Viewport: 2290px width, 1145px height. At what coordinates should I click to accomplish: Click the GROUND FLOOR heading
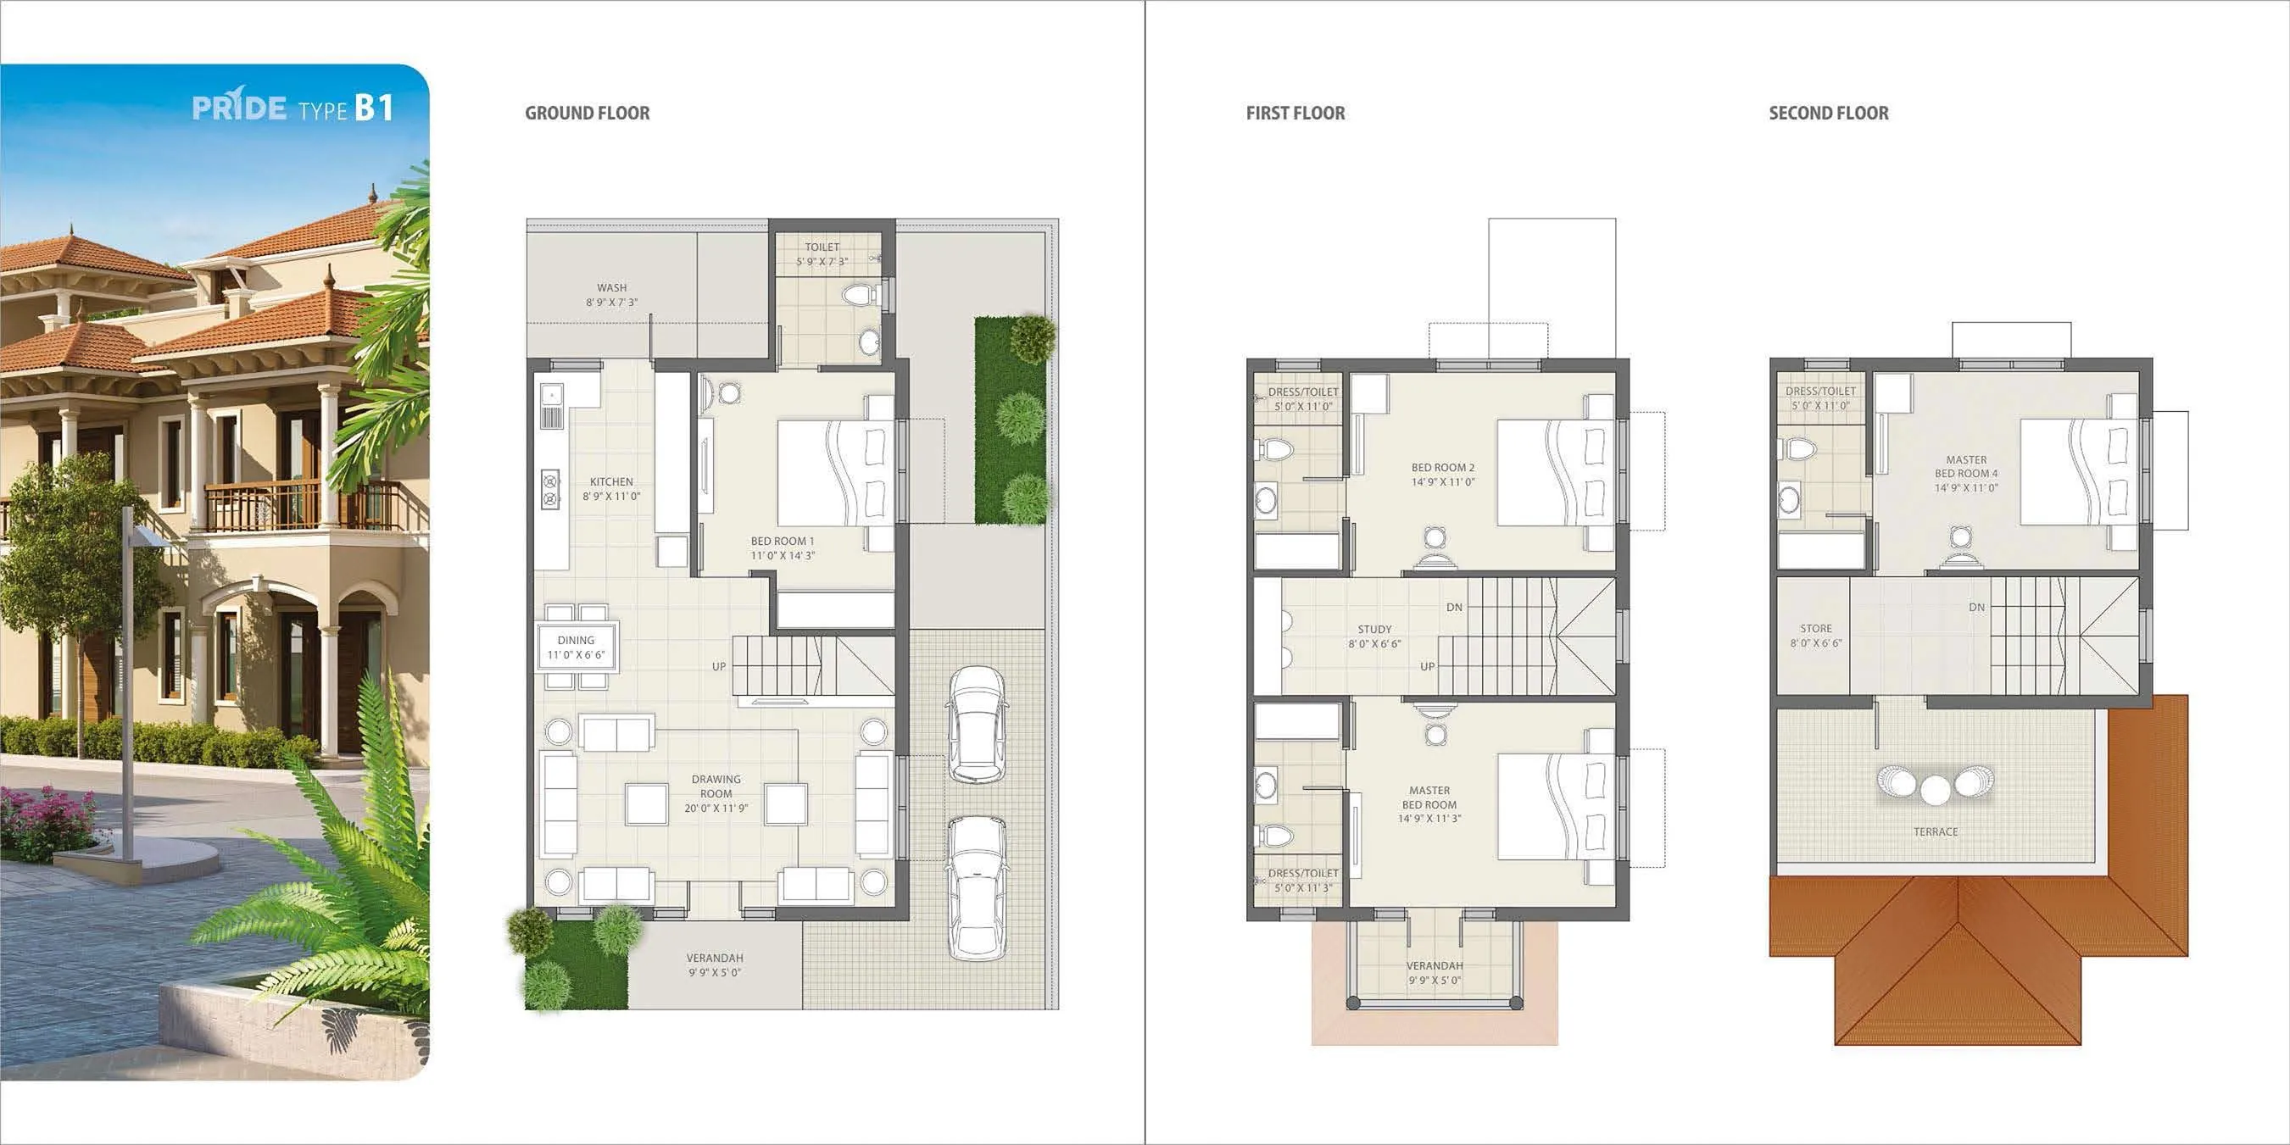tap(587, 113)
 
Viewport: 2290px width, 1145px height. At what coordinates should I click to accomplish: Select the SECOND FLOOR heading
tap(1828, 113)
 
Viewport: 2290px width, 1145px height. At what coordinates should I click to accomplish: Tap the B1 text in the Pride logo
tap(374, 108)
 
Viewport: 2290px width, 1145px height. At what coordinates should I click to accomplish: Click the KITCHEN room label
tap(611, 488)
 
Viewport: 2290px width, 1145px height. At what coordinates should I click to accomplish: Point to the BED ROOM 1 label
tap(783, 547)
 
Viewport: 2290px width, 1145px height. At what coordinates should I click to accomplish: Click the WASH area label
tap(611, 294)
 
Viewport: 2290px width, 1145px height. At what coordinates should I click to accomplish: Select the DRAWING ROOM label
tap(716, 793)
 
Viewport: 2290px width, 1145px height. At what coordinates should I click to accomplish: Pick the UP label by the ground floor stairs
tap(718, 666)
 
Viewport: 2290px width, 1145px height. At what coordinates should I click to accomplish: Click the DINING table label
tap(576, 647)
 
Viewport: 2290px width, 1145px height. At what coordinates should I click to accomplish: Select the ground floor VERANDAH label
tap(715, 964)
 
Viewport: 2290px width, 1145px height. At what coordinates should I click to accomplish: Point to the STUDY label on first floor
tap(1374, 636)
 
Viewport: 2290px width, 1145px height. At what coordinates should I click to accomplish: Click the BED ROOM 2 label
tap(1443, 474)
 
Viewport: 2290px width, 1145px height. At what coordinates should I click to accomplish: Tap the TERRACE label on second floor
tap(1936, 832)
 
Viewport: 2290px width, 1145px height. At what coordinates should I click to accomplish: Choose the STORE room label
tap(1815, 635)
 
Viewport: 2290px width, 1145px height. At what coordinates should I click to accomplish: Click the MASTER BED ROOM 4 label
tap(1966, 473)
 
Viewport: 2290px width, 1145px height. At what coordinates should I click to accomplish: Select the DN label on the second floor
tap(1976, 607)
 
